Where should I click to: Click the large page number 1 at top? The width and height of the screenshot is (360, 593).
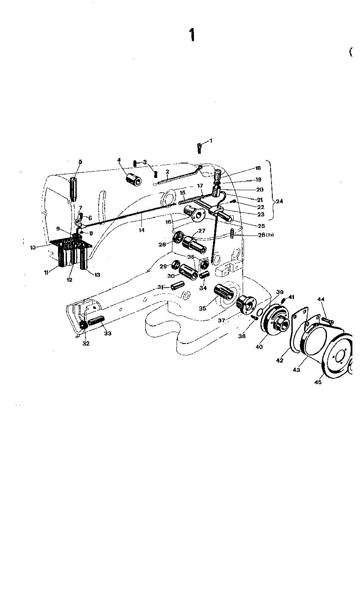coord(192,35)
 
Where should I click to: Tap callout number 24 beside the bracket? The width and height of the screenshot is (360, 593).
coord(279,202)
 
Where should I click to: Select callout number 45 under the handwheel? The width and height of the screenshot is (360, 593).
coord(318,382)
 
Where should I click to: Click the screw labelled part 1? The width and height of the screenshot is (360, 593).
coord(199,148)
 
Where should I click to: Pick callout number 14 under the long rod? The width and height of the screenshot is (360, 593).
coord(141,230)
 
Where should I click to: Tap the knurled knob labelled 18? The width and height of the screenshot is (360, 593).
coord(218,175)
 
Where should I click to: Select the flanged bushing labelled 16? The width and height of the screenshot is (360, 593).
coord(194,214)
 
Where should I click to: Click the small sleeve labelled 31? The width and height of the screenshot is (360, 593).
coord(175,286)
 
